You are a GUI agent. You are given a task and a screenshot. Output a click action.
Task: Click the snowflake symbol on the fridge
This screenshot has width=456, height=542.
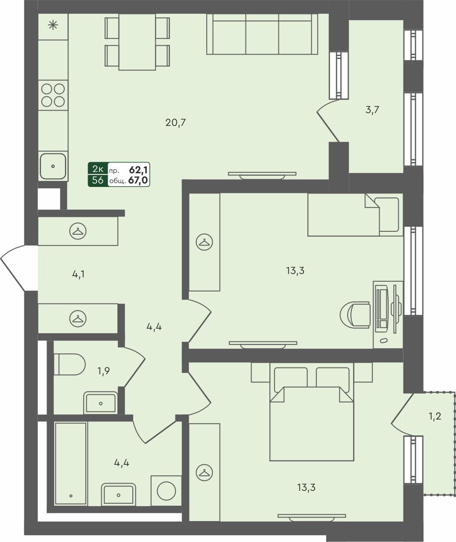53,26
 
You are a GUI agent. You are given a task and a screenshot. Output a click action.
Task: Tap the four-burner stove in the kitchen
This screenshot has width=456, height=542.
53,95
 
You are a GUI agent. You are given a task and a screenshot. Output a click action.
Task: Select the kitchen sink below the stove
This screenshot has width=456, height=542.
53,166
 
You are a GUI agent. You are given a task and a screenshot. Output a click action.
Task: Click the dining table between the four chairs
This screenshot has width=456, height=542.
137,42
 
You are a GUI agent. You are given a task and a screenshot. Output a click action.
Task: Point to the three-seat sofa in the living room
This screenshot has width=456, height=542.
262,34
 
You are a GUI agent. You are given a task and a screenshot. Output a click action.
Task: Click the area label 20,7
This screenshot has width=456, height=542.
175,123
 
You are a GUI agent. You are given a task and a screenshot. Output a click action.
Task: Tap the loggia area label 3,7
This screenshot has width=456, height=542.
372,110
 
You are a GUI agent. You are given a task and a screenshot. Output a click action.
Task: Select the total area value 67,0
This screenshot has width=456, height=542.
138,181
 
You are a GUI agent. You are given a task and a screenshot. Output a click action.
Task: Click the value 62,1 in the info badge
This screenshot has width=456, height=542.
138,169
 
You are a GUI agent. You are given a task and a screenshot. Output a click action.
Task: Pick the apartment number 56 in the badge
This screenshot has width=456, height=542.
98,180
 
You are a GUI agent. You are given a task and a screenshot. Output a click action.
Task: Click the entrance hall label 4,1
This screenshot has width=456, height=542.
78,274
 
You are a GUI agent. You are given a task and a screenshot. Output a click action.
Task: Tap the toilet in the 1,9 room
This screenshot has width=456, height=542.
69,364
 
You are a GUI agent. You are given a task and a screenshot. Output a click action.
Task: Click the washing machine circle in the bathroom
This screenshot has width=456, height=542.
167,491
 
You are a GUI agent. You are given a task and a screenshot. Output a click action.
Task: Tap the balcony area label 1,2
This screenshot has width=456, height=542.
435,417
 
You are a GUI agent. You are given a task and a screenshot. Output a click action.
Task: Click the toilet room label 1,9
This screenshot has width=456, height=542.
103,371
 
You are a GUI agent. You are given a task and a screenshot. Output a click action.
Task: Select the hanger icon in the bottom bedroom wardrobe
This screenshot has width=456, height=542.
204,472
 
